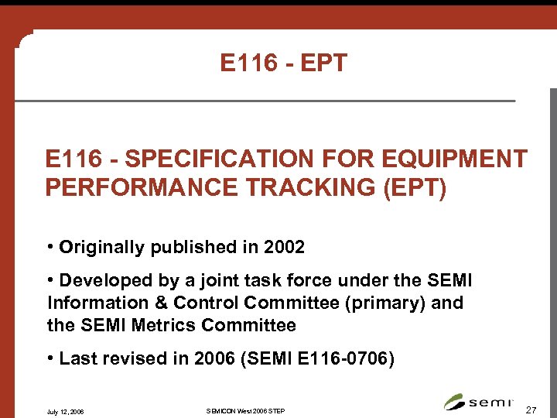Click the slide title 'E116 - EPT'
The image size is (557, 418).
(284, 63)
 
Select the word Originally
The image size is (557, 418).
(98, 248)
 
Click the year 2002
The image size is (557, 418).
(283, 248)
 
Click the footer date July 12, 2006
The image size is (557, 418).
(66, 410)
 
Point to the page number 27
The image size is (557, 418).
(531, 409)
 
